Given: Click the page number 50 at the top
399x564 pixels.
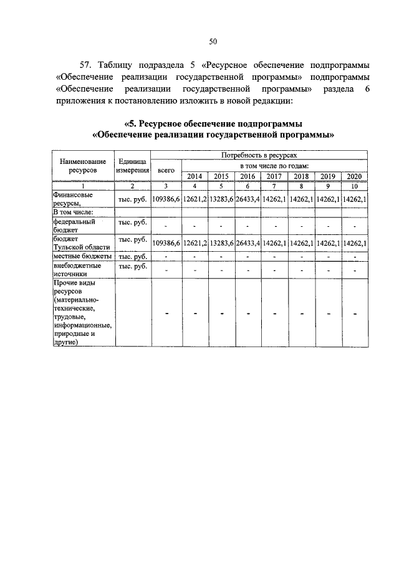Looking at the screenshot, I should (x=213, y=42).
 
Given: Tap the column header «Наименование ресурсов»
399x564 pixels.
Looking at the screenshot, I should (x=82, y=165).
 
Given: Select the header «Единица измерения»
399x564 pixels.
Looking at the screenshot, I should (x=132, y=165).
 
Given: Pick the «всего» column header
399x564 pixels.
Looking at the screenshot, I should (x=166, y=169).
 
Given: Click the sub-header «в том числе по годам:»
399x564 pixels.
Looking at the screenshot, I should (x=274, y=165).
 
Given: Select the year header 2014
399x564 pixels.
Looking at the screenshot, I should (x=195, y=176).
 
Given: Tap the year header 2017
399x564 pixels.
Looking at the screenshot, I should (x=274, y=176).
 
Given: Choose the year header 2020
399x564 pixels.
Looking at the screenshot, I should (x=354, y=176).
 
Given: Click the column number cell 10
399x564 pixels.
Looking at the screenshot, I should (x=354, y=186).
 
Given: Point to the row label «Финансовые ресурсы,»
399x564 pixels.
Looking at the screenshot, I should (x=74, y=198).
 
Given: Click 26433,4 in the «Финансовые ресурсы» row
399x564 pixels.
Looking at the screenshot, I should (x=248, y=199).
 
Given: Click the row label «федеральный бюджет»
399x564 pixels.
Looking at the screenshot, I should (x=74, y=225).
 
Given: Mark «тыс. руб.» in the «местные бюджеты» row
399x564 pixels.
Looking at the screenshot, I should (x=132, y=256).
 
